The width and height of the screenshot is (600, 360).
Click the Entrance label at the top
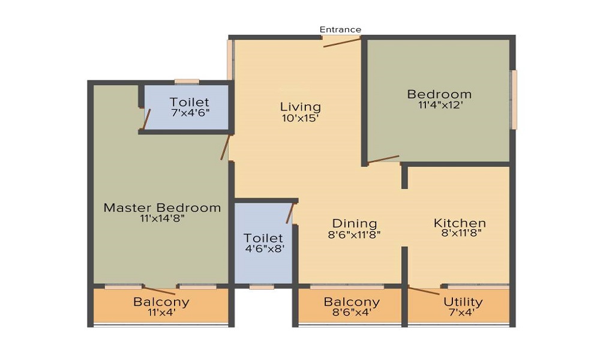point(340,29)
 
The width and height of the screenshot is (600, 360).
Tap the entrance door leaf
point(342,42)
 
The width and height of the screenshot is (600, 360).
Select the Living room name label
point(301,107)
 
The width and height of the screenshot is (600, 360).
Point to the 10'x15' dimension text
point(301,118)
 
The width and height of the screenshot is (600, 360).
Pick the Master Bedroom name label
point(162,208)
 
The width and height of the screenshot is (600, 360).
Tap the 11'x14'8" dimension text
point(163,218)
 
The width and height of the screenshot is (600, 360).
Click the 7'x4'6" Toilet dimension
point(190,112)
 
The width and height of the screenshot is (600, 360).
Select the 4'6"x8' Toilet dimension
point(265,248)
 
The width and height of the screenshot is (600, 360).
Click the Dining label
point(355,223)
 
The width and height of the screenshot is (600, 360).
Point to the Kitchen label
point(460,223)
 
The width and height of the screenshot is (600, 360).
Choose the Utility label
point(463,302)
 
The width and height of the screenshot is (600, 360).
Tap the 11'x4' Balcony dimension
point(161,313)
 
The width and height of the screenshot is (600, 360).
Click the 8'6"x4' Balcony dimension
point(352,313)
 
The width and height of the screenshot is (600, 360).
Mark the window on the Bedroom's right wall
point(514,100)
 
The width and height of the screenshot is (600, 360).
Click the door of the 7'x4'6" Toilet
point(146,119)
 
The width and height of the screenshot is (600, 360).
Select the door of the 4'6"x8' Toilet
point(290,213)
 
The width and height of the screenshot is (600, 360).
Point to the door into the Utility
point(424,290)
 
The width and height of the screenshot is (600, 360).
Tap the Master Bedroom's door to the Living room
point(225,147)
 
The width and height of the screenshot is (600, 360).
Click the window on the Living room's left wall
point(230,59)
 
